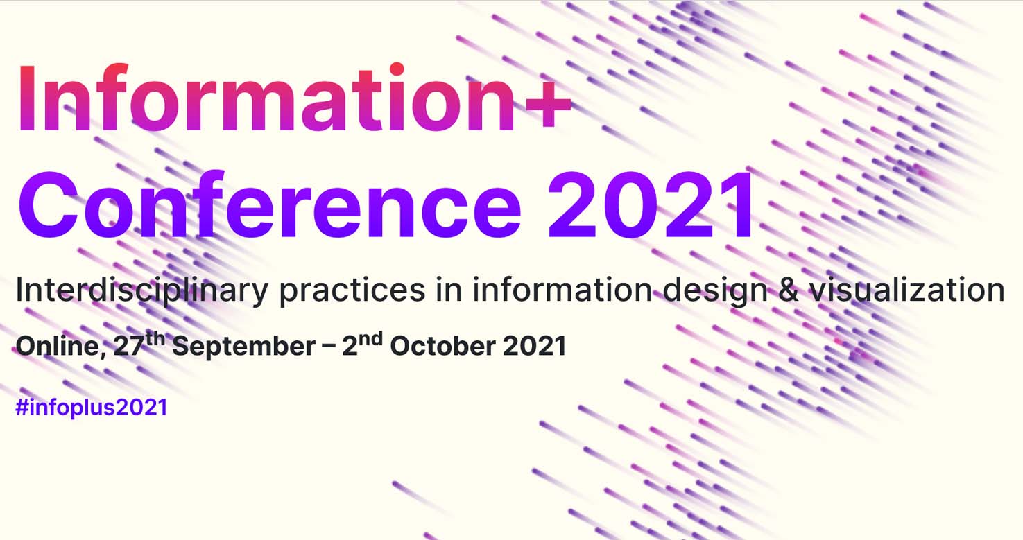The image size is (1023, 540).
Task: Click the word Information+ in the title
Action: (295, 98)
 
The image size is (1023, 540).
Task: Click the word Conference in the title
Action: (270, 204)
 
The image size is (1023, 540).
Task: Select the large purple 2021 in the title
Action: (650, 204)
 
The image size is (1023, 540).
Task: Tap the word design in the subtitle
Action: (715, 290)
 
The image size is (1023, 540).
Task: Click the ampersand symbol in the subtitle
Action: (789, 290)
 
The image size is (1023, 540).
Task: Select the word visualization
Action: (907, 289)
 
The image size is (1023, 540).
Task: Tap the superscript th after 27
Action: (155, 340)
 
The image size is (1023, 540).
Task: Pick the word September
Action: (243, 347)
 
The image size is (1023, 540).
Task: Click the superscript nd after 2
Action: (370, 340)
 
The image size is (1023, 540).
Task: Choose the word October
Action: (442, 345)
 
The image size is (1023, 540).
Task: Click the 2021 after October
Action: (534, 345)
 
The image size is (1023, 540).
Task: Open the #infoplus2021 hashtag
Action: (92, 407)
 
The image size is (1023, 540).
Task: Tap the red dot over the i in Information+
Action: (397, 69)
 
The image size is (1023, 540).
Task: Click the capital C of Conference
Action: (47, 204)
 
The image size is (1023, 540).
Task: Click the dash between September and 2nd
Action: (328, 347)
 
